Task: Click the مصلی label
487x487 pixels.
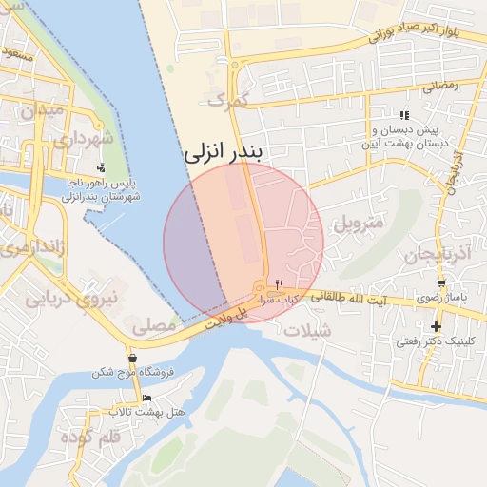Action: tap(155, 326)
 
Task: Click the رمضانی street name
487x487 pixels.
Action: tap(438, 86)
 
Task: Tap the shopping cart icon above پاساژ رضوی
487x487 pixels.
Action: tap(441, 283)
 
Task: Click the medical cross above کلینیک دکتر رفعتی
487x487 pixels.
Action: tap(437, 327)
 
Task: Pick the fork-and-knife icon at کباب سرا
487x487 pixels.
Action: tap(279, 284)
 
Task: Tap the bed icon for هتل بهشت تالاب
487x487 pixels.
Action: tap(146, 399)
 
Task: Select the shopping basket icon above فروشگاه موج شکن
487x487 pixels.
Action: tap(131, 359)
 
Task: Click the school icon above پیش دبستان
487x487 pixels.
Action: tap(405, 115)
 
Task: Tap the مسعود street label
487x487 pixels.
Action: tap(16, 55)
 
